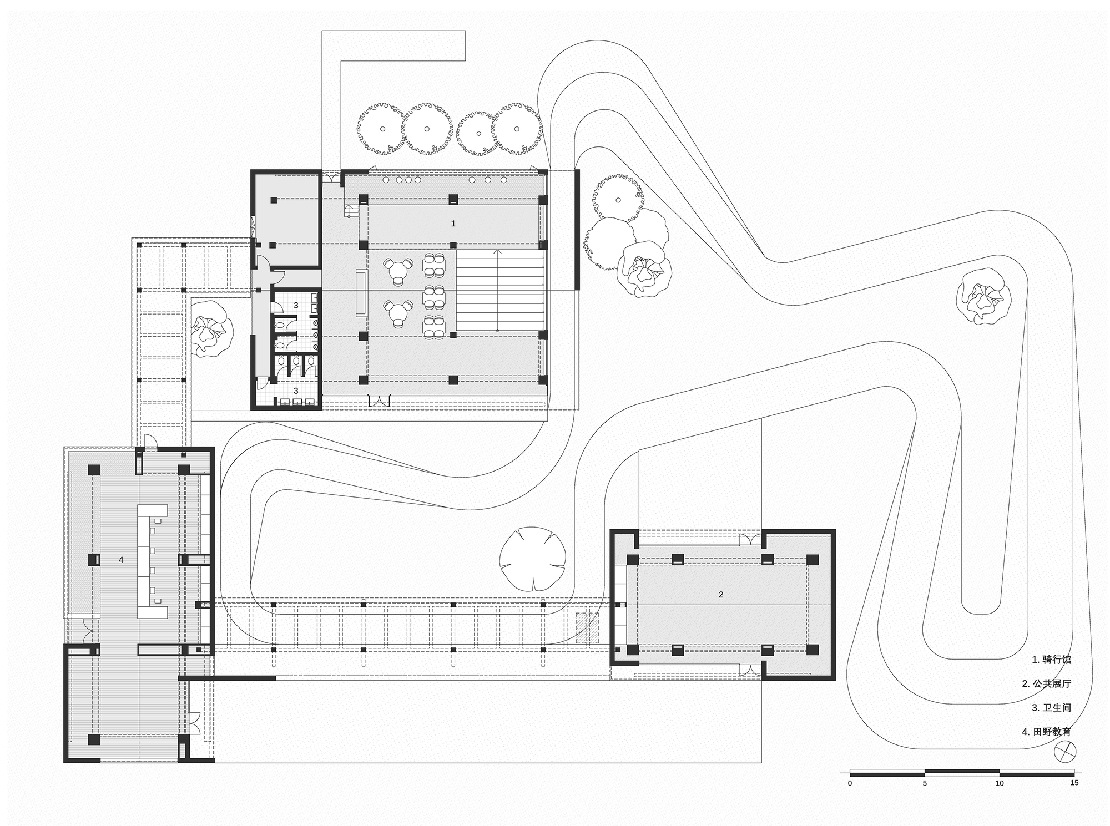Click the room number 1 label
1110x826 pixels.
coord(453,224)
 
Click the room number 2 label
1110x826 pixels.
coord(721,595)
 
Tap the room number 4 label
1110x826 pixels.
coord(121,560)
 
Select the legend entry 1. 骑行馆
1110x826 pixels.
coord(1051,660)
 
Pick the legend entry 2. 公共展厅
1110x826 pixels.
coord(1046,684)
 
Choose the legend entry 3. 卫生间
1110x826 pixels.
coord(1051,708)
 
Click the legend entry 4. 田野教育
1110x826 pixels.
coord(1046,732)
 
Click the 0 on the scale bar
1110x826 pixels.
coord(850,783)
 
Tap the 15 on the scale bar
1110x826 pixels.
coord(1074,783)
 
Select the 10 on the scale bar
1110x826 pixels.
coord(999,783)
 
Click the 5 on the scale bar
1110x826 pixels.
coord(925,783)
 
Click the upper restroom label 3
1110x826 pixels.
coord(296,306)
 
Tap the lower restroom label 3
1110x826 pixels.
coord(296,391)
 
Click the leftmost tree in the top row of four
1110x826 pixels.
coord(382,129)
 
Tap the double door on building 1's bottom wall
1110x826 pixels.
coord(380,401)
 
